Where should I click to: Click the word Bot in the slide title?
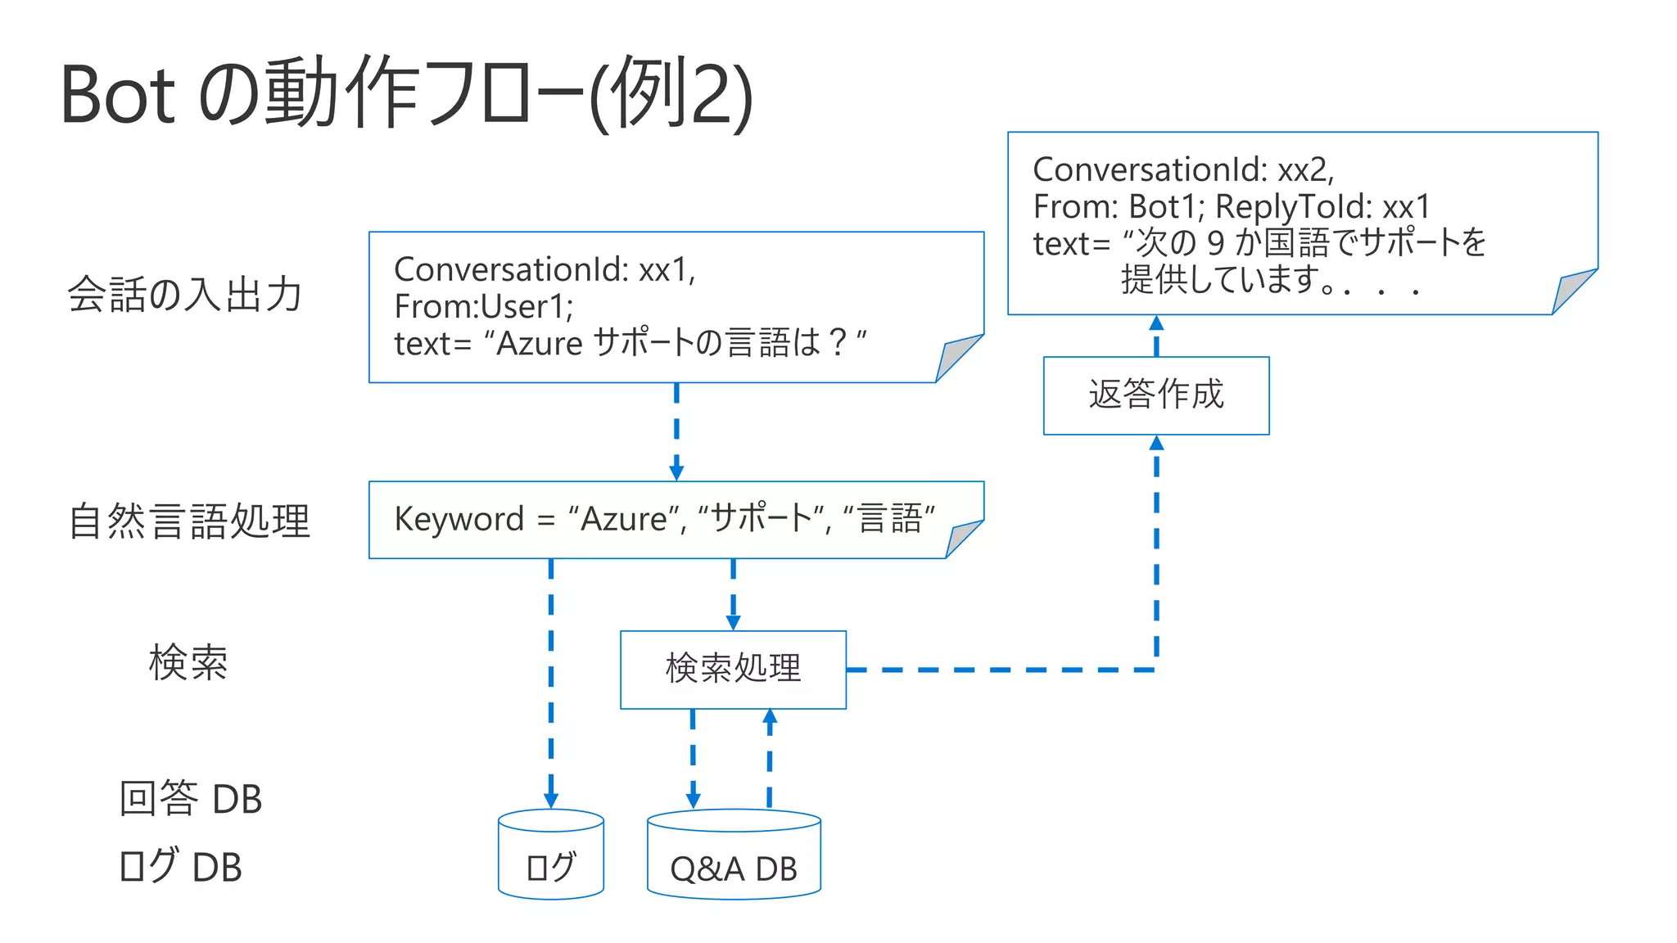click(x=118, y=95)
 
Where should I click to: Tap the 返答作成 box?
click(x=1155, y=395)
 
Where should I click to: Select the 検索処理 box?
click(x=733, y=669)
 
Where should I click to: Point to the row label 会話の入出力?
click(x=185, y=294)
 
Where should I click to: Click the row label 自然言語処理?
click(x=189, y=521)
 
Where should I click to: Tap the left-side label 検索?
click(x=188, y=662)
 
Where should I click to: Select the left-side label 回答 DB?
click(x=190, y=798)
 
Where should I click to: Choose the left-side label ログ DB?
click(x=180, y=866)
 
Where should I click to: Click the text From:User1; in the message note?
click(x=483, y=306)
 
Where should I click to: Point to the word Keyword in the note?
click(x=459, y=519)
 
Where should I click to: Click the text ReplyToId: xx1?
click(x=1322, y=206)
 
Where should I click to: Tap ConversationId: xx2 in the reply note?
click(x=1182, y=169)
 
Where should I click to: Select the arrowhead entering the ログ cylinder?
click(x=550, y=800)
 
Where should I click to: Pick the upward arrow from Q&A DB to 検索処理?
click(x=770, y=757)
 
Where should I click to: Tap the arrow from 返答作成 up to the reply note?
click(x=1156, y=335)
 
